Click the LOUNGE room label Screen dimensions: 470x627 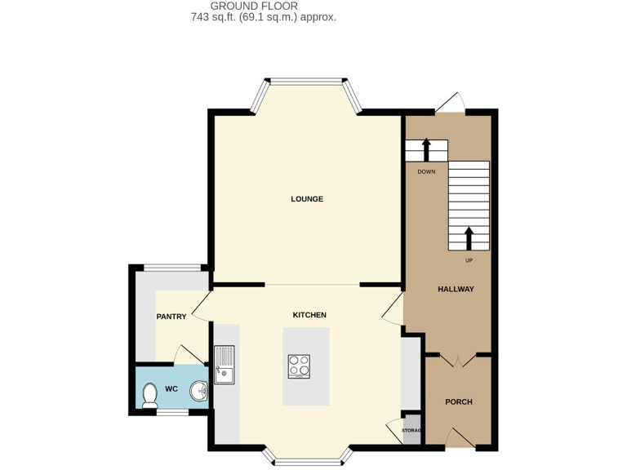tap(307, 199)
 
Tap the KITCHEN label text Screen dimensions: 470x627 tap(309, 315)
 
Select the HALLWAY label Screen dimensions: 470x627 tap(456, 289)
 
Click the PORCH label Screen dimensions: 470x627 tap(458, 401)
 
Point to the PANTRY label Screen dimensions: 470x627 tap(171, 317)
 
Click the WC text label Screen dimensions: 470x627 tap(171, 389)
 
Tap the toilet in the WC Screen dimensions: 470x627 tap(149, 396)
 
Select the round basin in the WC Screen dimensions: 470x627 tap(199, 392)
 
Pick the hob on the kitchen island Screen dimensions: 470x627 tap(299, 367)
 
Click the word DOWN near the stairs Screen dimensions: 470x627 tap(426, 172)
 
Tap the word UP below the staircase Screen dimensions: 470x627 tap(469, 260)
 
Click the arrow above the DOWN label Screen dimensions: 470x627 tap(426, 150)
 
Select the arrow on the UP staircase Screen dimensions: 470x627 tap(469, 237)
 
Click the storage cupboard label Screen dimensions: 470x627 tap(411, 431)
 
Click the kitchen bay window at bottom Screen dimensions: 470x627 tap(308, 461)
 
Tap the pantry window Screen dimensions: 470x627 tap(171, 268)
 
